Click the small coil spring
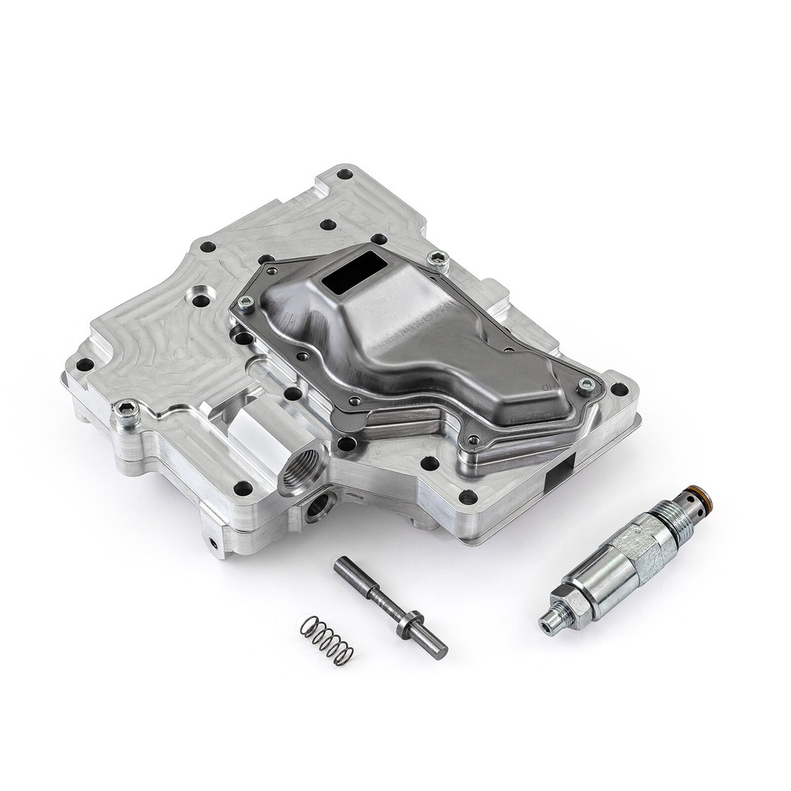pos(327,639)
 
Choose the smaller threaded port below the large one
pos(317,506)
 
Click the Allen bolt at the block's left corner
pos(125,409)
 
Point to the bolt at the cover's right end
pos(586,385)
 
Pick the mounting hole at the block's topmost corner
pos(344,175)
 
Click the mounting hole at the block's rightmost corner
pos(619,390)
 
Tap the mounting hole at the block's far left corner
pos(85,363)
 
